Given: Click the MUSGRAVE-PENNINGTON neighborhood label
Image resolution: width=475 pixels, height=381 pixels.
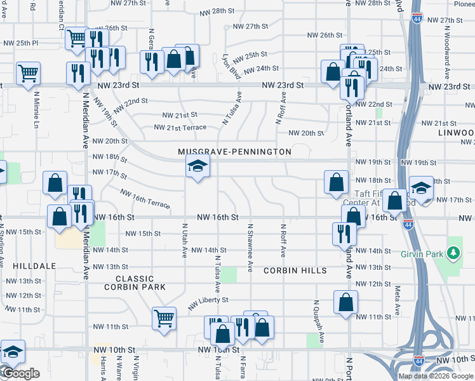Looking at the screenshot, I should click(x=234, y=152).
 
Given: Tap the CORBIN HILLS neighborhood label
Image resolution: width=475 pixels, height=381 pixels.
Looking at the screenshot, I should click(x=295, y=271).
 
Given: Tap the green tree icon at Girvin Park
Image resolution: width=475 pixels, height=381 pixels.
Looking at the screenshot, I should click(x=453, y=253).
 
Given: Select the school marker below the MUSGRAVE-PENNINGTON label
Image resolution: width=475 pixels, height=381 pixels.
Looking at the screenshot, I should click(x=197, y=167).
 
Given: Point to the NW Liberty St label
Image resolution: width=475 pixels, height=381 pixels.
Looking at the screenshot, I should click(x=208, y=301).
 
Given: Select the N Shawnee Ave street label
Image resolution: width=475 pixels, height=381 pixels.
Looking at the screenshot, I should click(x=251, y=248).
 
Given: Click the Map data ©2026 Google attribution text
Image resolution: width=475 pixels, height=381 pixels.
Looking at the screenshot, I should click(x=436, y=376).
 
